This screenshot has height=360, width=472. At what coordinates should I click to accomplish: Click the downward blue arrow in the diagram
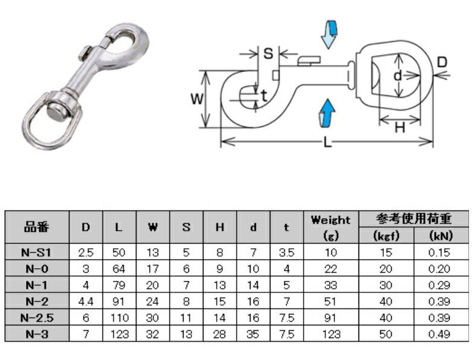click(329, 34)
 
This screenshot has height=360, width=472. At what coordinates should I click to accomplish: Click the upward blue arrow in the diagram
click(327, 113)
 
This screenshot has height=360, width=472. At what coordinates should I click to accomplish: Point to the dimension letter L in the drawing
click(328, 141)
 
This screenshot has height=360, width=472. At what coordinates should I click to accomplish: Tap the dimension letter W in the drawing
click(197, 99)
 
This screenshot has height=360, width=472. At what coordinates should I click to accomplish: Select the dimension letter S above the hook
click(268, 54)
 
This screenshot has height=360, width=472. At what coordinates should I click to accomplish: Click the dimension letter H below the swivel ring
click(400, 127)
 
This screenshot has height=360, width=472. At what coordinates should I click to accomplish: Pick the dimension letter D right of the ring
click(442, 62)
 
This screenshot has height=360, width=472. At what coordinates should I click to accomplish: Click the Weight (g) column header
click(331, 227)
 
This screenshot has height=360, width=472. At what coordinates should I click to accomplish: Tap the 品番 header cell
click(37, 227)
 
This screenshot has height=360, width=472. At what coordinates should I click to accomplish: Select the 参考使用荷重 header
click(414, 219)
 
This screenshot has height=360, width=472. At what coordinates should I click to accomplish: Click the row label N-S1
click(37, 252)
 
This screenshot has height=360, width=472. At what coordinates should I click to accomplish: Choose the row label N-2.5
click(37, 318)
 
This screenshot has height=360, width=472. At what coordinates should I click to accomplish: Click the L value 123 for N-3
click(119, 334)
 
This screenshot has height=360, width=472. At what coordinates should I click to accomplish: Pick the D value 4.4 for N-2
click(86, 301)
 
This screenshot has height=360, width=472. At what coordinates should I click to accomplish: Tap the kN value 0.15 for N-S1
click(439, 252)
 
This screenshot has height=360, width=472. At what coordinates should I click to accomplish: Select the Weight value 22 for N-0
click(331, 269)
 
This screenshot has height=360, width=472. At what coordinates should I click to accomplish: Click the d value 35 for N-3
click(253, 334)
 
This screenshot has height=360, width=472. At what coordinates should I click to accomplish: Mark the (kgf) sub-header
click(386, 236)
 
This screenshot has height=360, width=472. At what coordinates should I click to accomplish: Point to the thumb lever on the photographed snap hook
click(86, 52)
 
